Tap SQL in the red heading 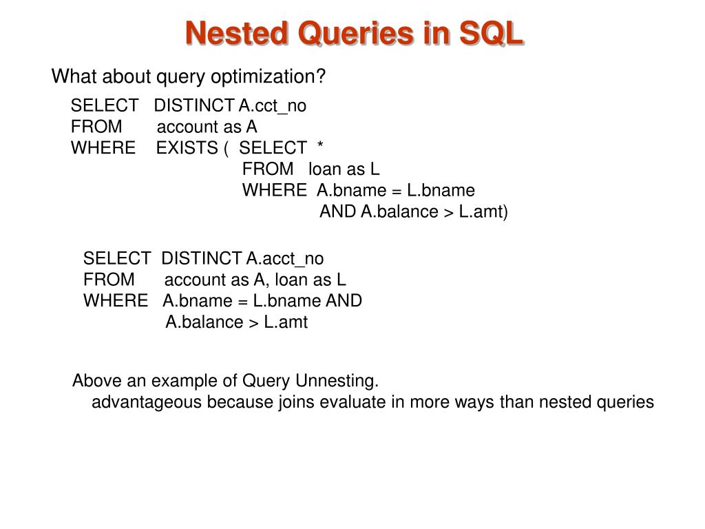pos(490,33)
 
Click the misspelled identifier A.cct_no pos(273,105)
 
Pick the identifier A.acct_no pos(284,258)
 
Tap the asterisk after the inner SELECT pos(320,147)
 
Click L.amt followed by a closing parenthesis pos(483,211)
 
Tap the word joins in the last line pos(296,402)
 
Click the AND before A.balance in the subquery pos(337,211)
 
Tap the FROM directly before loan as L pos(267,169)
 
